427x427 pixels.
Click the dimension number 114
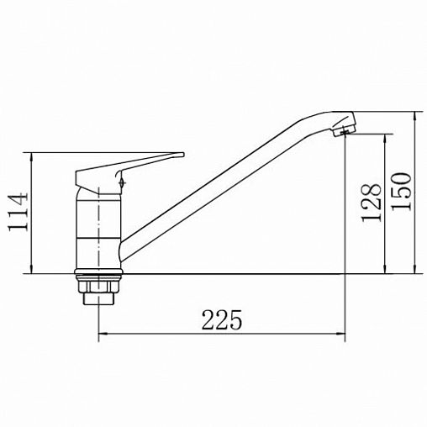[x=18, y=212]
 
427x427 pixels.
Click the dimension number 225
[x=222, y=319]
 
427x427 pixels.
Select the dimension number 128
[x=372, y=203]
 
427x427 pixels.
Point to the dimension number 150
[x=401, y=192]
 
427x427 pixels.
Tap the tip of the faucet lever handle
[x=183, y=154]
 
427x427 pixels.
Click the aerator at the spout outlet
[x=345, y=131]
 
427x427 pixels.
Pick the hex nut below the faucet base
[x=98, y=285]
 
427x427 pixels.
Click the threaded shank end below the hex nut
[x=98, y=298]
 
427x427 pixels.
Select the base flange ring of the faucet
[x=98, y=271]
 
